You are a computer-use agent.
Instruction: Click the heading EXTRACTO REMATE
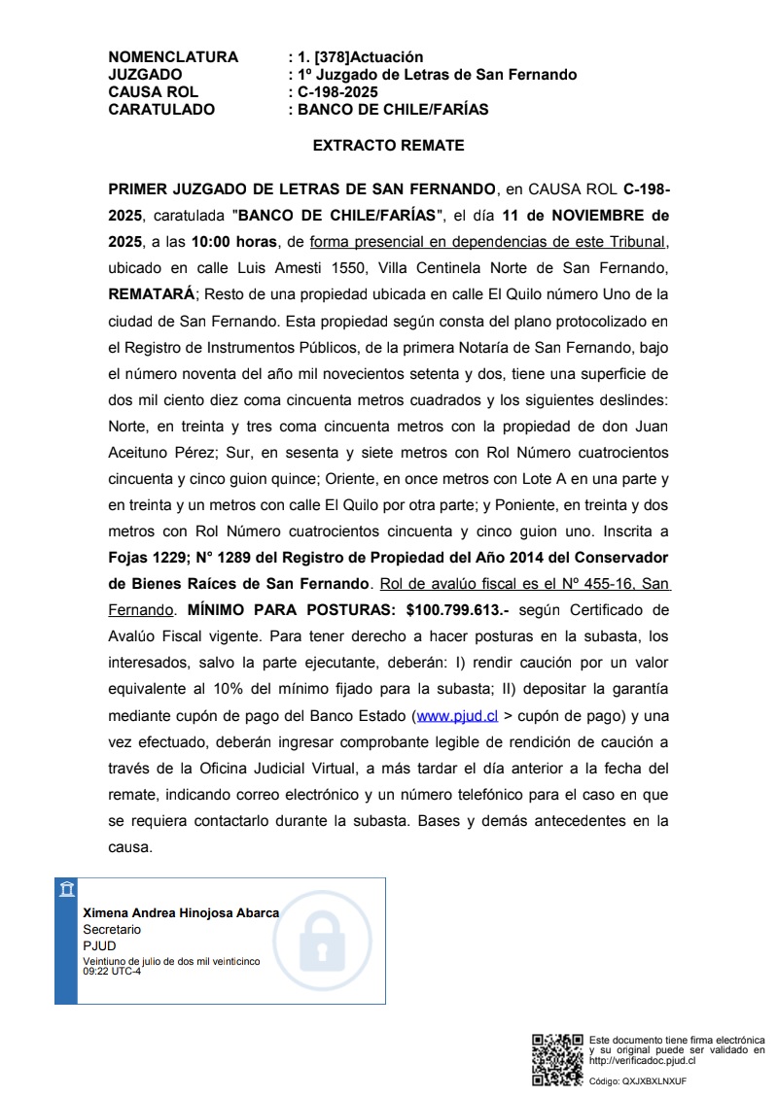(388, 146)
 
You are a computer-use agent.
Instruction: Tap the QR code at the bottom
(557, 1061)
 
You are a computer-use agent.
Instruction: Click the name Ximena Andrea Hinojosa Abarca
(181, 913)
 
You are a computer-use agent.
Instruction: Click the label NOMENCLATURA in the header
(173, 57)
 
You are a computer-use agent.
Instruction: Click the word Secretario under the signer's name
(112, 930)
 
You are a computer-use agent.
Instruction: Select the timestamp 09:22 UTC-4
(112, 970)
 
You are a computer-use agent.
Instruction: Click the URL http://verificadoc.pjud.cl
(642, 1061)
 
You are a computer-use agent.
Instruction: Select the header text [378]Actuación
(369, 57)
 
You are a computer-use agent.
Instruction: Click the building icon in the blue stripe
(66, 890)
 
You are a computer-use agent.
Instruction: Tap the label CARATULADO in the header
(161, 110)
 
